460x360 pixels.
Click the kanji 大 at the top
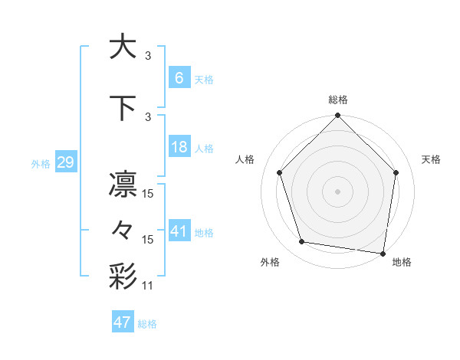[123, 47]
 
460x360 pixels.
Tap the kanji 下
[123, 108]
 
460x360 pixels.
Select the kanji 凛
[123, 185]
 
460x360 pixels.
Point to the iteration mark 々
[123, 230]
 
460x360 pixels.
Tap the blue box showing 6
[179, 78]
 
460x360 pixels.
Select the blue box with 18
[179, 147]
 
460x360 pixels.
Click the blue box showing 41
[179, 231]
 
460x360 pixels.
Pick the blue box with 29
[65, 162]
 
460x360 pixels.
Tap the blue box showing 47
[122, 322]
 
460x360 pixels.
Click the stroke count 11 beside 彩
[148, 286]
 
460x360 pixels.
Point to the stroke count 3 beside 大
[148, 55]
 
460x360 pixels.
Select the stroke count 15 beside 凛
[148, 194]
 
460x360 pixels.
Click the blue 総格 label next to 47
[147, 324]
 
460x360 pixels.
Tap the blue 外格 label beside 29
[41, 163]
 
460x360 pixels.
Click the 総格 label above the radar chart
[338, 100]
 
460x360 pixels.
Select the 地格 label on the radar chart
[402, 262]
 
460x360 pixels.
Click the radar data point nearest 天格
[396, 172]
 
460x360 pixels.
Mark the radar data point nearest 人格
[280, 172]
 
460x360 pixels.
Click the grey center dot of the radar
[338, 191]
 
